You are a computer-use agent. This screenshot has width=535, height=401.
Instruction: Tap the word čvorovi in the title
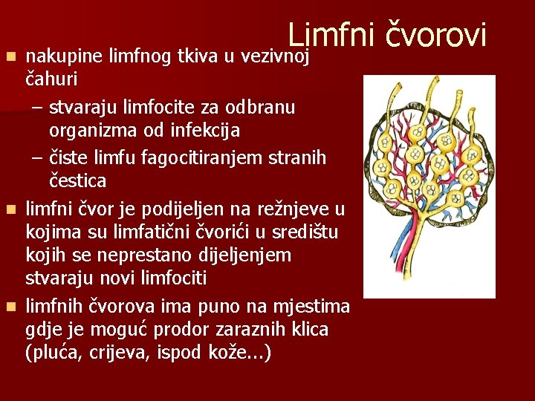point(435,35)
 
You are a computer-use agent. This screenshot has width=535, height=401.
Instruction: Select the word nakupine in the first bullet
point(64,55)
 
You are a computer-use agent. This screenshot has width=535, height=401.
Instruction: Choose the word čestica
point(78,180)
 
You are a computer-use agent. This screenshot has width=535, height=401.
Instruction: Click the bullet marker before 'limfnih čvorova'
point(11,306)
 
